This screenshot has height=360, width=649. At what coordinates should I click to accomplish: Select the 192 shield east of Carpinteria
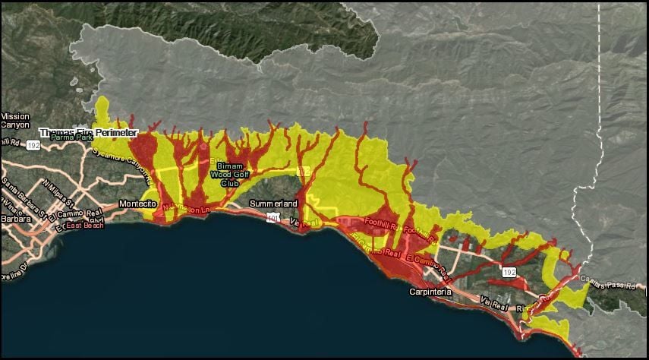[x=506, y=270]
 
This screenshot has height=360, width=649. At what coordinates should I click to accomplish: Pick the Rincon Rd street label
[x=528, y=309]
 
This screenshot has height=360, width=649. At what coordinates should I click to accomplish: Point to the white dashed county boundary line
[x=600, y=114]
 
